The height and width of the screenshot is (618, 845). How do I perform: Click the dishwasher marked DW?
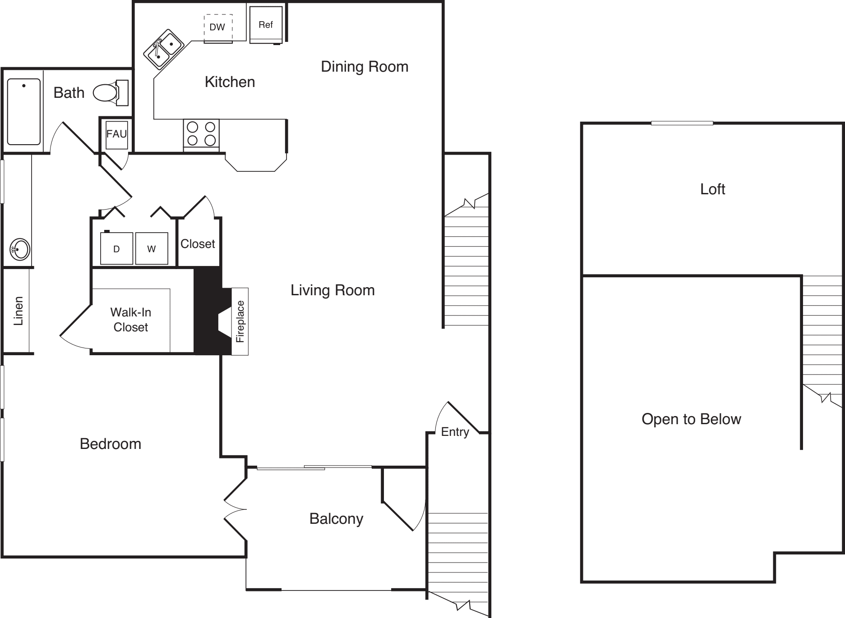pos(218,28)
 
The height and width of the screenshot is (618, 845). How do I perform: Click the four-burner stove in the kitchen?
pos(201,134)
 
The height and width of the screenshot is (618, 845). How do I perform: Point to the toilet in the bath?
pos(111,93)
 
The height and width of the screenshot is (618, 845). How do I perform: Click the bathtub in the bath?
pos(24,111)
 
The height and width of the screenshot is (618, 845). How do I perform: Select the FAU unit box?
pos(116,134)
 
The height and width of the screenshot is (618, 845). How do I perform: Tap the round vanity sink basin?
pos(20,249)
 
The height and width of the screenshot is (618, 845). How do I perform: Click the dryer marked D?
pos(116,248)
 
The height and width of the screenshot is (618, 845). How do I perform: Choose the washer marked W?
pos(152,248)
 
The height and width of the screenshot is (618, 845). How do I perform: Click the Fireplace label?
pos(240,321)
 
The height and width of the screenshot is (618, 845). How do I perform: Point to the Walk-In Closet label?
pos(131,320)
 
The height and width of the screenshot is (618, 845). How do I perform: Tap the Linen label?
pos(18,311)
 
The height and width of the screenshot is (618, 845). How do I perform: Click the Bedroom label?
pos(111,444)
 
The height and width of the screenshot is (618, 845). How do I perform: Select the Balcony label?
pos(336,519)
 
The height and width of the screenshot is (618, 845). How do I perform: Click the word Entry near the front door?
pos(455,432)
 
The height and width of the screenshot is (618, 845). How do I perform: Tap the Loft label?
pos(712,189)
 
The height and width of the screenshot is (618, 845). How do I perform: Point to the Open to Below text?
pos(691,419)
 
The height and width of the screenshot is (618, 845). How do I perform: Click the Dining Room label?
pos(365,67)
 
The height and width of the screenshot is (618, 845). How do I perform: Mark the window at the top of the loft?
pos(682,123)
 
